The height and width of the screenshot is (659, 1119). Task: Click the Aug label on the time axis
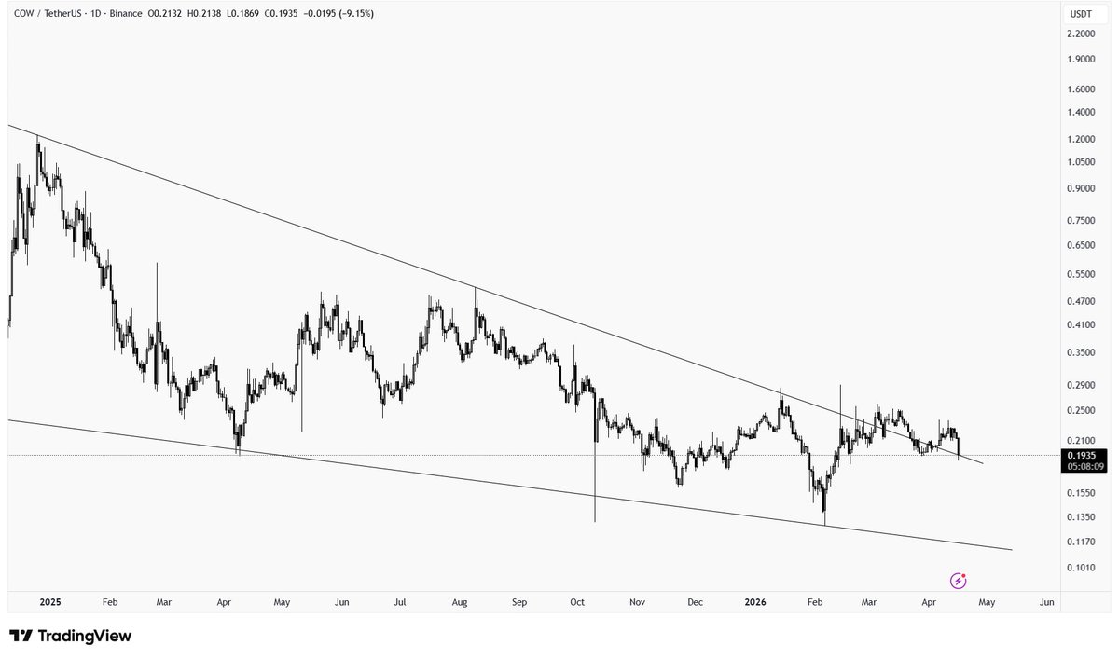(460, 603)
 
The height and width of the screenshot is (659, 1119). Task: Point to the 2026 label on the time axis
(755, 603)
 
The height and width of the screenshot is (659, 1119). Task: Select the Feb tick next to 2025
(109, 603)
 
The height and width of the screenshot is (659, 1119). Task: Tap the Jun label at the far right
(1046, 603)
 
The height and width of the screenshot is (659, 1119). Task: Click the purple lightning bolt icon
(958, 581)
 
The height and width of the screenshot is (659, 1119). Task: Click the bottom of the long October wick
(594, 521)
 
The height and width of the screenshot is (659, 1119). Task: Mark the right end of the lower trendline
(1012, 550)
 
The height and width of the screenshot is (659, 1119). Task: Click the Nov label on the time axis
(637, 603)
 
